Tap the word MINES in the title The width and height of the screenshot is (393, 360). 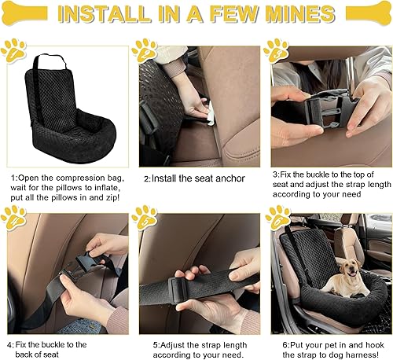290,15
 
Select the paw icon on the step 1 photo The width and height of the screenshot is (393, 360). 13,50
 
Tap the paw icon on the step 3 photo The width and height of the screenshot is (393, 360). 277,50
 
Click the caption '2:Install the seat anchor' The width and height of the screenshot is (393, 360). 194,178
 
